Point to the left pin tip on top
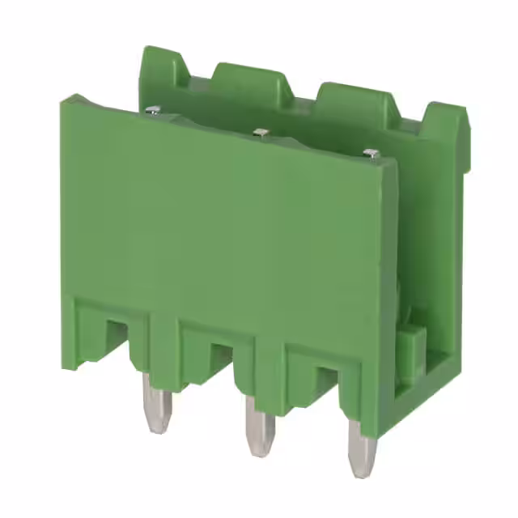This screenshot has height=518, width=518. pyautogui.click(x=152, y=110)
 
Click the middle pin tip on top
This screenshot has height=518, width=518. pyautogui.click(x=260, y=131)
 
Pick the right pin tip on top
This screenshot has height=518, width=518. pyautogui.click(x=371, y=152)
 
